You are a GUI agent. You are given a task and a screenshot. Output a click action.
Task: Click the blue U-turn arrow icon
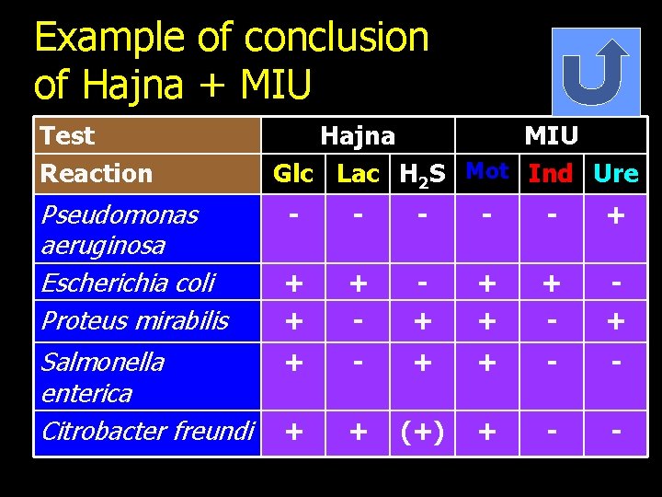(x=595, y=72)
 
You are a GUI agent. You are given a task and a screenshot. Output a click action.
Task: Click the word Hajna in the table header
(x=358, y=136)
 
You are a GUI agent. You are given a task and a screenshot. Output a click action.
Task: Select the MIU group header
(x=551, y=136)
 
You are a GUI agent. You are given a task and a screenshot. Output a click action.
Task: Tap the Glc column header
(x=293, y=173)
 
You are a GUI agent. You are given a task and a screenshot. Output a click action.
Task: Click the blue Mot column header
(x=487, y=171)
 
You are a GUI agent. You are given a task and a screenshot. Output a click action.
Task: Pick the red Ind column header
(x=551, y=173)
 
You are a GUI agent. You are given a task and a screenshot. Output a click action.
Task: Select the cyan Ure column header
(x=615, y=173)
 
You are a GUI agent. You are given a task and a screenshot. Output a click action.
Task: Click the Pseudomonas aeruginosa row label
(x=119, y=230)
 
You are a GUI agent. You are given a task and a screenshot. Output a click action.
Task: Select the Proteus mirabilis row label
(x=134, y=320)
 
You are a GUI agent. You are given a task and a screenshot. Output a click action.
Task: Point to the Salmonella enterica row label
(x=102, y=376)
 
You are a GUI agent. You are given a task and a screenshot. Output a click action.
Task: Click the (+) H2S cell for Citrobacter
(x=423, y=432)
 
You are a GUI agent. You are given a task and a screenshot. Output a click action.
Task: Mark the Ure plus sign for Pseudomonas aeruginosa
(x=615, y=217)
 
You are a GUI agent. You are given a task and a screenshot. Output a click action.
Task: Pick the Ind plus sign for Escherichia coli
(x=551, y=283)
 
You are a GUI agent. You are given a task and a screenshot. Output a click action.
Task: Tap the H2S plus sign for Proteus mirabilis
(x=423, y=321)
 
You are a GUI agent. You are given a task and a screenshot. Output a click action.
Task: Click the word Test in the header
(x=67, y=136)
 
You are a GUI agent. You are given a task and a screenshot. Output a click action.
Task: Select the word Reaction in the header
(x=97, y=173)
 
